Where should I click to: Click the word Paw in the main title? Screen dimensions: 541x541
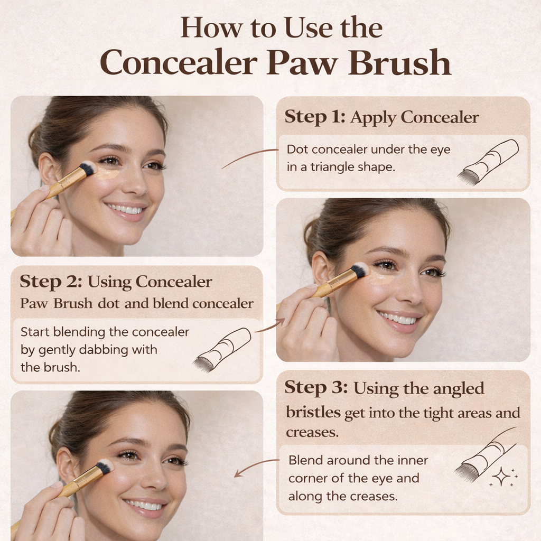(x=302, y=63)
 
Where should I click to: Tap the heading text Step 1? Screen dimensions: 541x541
(x=315, y=117)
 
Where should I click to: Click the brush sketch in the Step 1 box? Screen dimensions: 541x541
(x=488, y=162)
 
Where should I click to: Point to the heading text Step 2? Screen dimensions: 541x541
(x=51, y=282)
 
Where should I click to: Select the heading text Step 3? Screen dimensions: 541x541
(x=316, y=388)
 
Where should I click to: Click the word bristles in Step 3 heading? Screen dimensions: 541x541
(x=313, y=413)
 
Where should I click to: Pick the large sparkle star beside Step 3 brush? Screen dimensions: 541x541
(x=501, y=477)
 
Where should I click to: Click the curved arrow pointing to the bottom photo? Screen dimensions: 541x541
(x=256, y=467)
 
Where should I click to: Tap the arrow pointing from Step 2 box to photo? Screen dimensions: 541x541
(x=270, y=325)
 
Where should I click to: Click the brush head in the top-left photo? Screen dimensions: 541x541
(x=88, y=169)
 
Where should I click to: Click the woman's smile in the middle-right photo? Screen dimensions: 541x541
(x=398, y=319)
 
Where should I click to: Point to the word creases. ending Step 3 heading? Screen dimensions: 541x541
(x=312, y=433)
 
